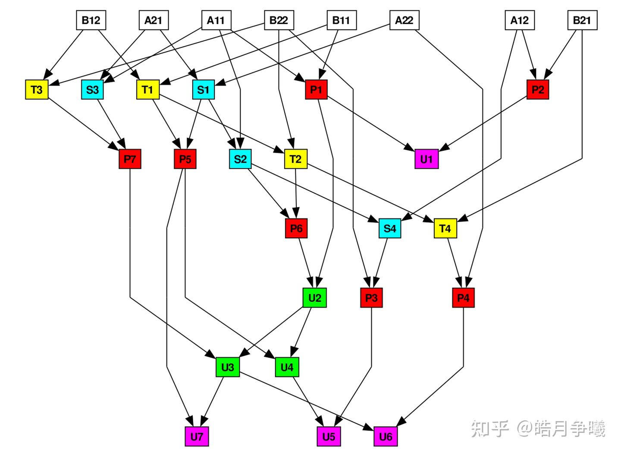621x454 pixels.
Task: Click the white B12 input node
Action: [91, 20]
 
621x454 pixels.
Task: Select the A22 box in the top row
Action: [404, 20]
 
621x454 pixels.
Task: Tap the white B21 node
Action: [582, 20]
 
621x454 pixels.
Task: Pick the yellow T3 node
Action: [37, 90]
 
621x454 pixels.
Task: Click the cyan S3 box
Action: [92, 90]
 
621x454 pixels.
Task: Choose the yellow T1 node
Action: [147, 90]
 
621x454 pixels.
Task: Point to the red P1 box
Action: [316, 90]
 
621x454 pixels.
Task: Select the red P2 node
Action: [538, 90]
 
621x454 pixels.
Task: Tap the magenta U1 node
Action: [427, 159]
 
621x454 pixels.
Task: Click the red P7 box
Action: [130, 159]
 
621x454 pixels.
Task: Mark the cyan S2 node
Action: [240, 159]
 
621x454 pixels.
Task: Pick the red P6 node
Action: [296, 228]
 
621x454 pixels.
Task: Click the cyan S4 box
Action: [390, 228]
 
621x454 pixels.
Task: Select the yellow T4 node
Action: [445, 228]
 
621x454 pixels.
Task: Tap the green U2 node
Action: [314, 298]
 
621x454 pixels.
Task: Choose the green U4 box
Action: [287, 367]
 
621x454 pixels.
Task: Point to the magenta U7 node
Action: [197, 437]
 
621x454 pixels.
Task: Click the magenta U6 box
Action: [386, 437]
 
